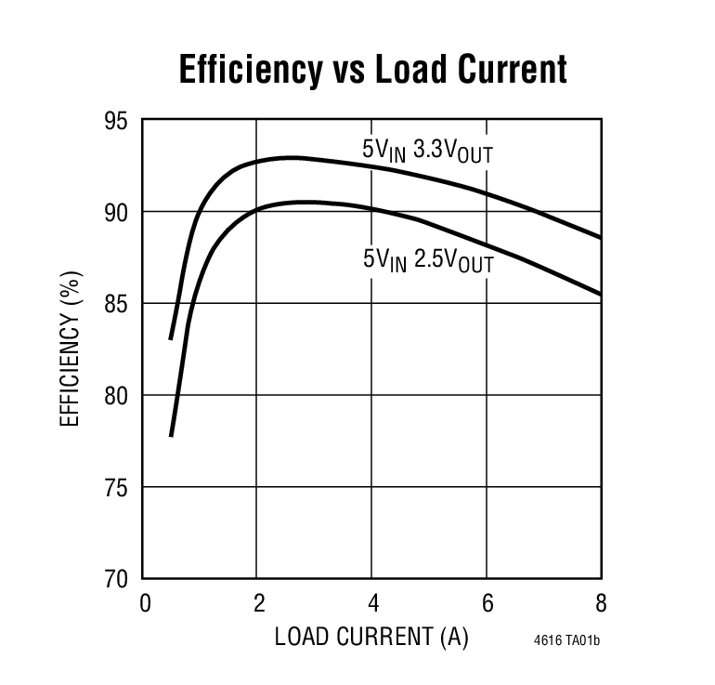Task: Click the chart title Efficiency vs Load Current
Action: (x=371, y=70)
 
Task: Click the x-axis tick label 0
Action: (x=144, y=603)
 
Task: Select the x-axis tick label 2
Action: (x=257, y=603)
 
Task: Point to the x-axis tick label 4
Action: (x=371, y=603)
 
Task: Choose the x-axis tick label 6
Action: (x=487, y=603)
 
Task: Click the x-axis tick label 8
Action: (x=601, y=603)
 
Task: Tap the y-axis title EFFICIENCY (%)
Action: (x=70, y=349)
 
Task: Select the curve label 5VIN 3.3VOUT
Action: (x=427, y=150)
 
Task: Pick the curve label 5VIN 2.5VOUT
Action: (x=427, y=260)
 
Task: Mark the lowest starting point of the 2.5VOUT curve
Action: (x=171, y=435)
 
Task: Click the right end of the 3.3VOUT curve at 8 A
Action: (x=601, y=238)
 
